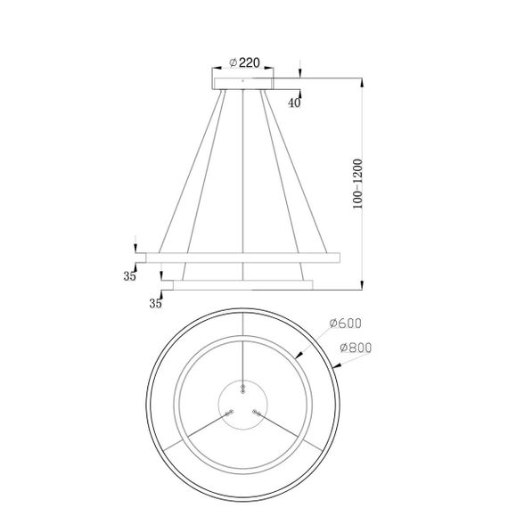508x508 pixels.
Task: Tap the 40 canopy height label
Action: click(294, 103)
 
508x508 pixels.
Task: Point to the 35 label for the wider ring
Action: click(130, 277)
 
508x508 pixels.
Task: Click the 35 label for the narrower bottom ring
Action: click(157, 304)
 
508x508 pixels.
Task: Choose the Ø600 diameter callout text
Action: click(343, 324)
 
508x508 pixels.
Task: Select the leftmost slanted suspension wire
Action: click(187, 169)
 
